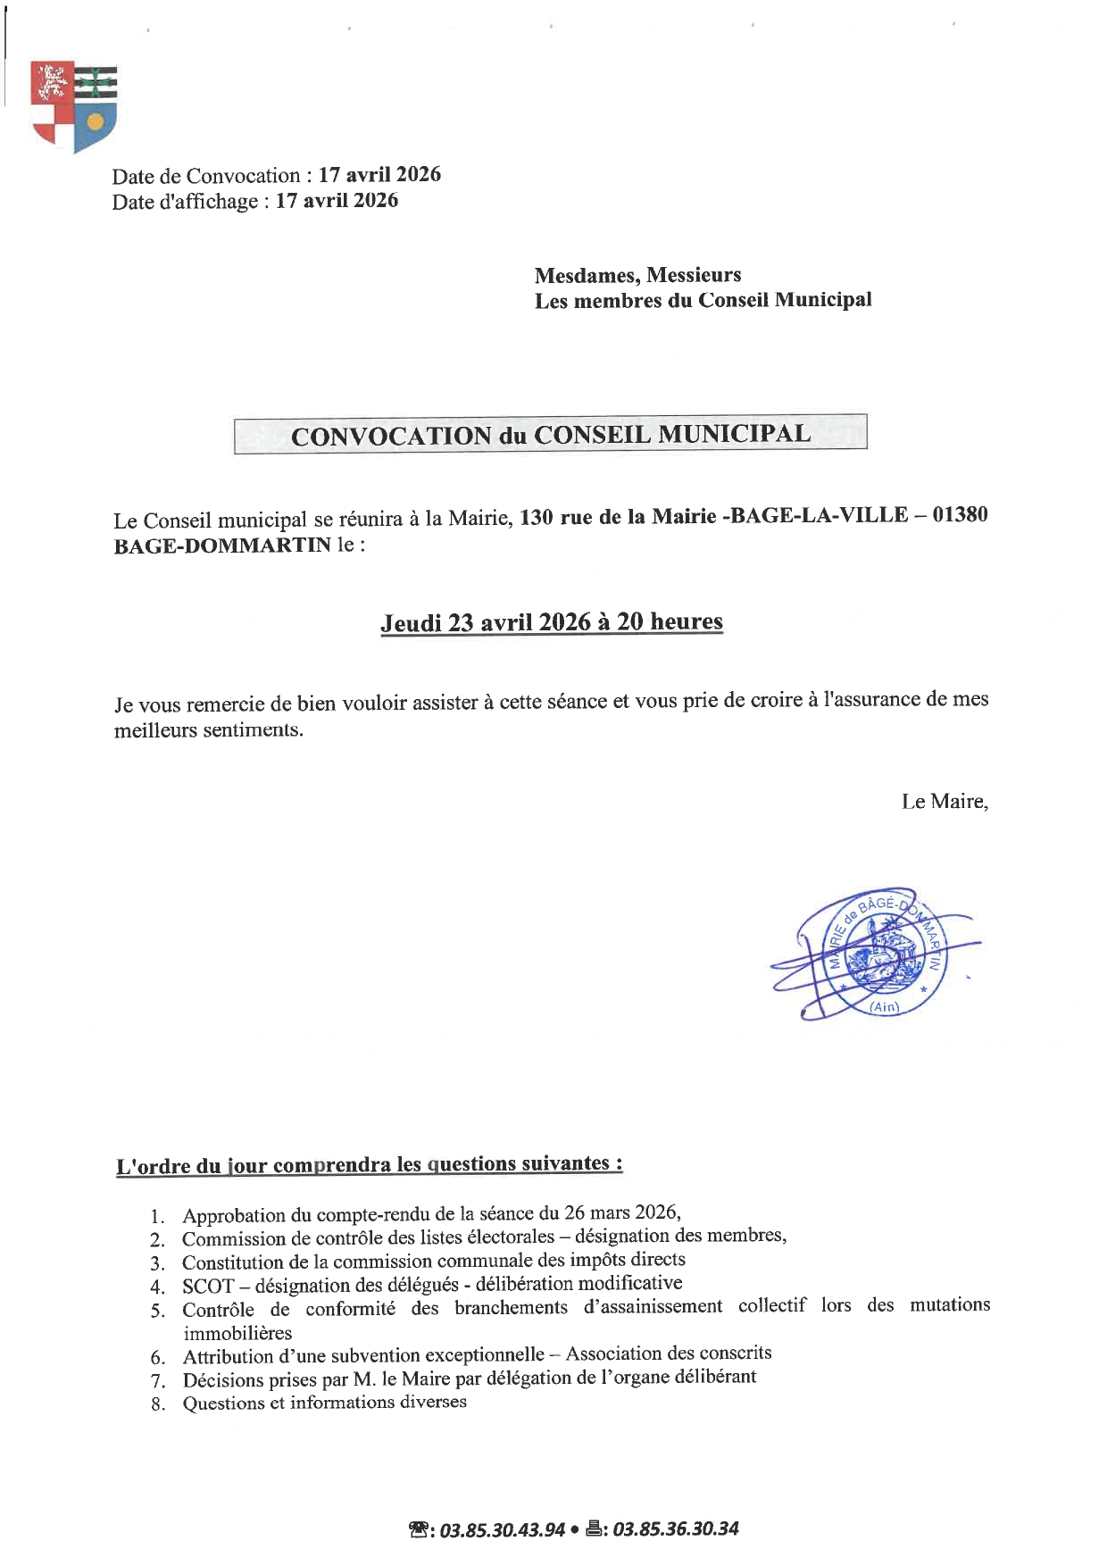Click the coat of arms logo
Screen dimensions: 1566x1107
click(x=74, y=105)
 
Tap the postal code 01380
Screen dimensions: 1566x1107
click(x=960, y=514)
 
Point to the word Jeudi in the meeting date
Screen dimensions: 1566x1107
click(x=411, y=623)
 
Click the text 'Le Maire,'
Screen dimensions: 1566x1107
click(x=945, y=801)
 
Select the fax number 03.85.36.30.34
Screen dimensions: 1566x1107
click(x=676, y=1529)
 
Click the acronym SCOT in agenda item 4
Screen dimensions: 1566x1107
click(x=207, y=1287)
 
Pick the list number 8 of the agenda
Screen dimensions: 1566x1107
click(x=158, y=1404)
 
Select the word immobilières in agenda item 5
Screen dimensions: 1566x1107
click(x=237, y=1333)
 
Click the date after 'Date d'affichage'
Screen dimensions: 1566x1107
click(x=337, y=201)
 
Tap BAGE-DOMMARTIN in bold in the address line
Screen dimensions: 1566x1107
click(x=222, y=546)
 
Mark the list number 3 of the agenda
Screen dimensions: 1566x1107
click(x=158, y=1263)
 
